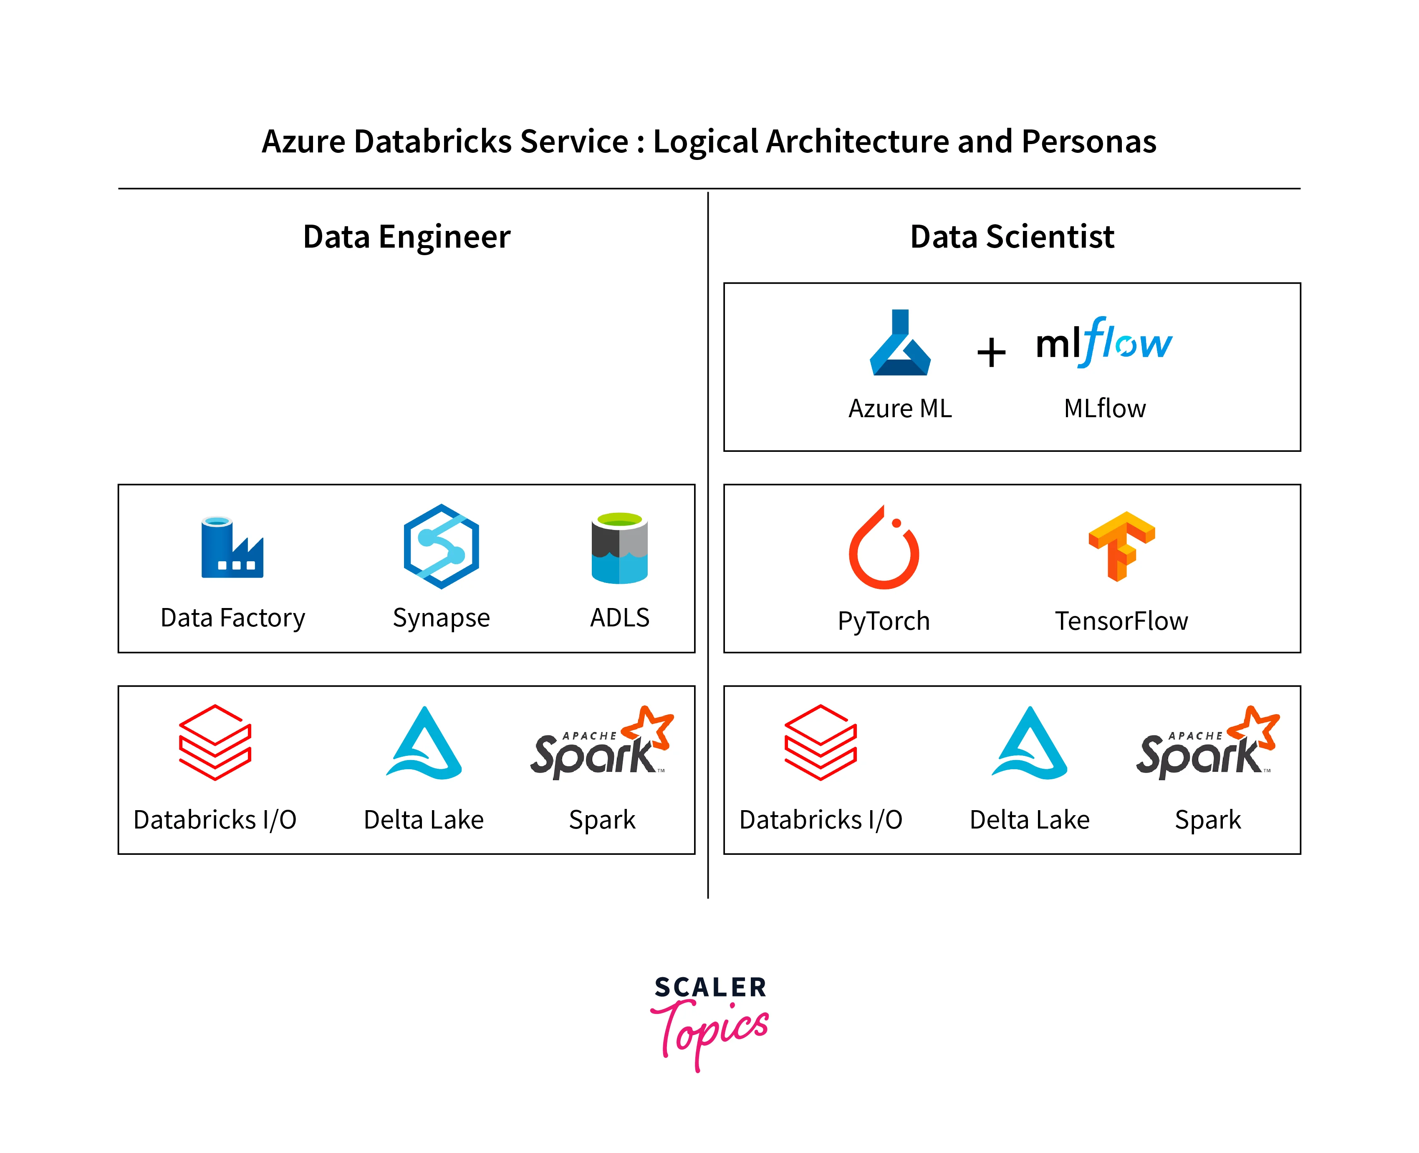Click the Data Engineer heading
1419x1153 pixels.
406,237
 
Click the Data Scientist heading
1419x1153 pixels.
1012,237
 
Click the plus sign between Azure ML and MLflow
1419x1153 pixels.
991,352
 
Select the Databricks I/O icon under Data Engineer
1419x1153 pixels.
215,742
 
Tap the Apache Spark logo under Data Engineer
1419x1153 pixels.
601,744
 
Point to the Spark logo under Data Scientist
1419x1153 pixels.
1207,744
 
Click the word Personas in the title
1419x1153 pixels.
1088,142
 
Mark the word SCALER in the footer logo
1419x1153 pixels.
710,988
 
